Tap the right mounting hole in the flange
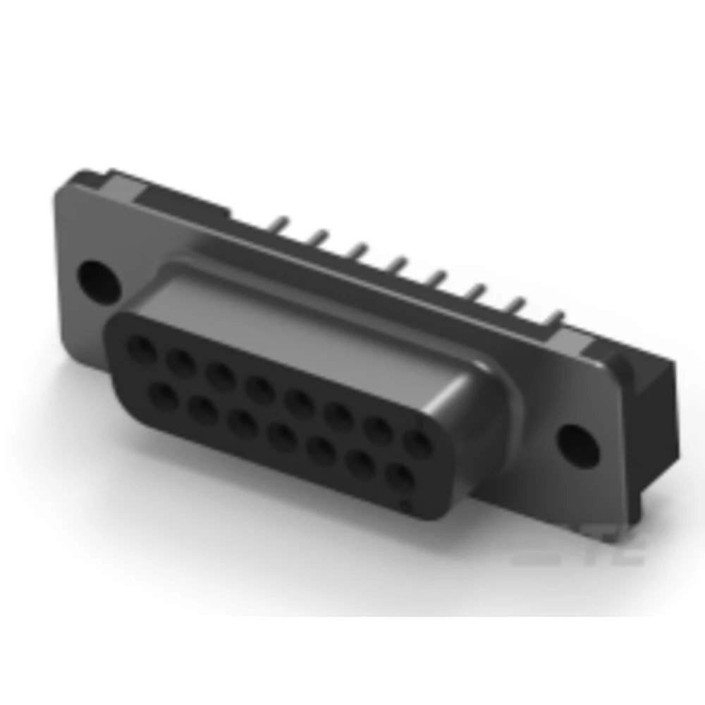click(x=577, y=441)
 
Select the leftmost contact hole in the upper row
click(x=141, y=348)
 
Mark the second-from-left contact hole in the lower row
click(x=204, y=412)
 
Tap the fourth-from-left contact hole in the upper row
click(x=260, y=388)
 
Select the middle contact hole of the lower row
click(x=283, y=439)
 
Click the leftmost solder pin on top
click(x=282, y=224)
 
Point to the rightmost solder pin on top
click(x=559, y=318)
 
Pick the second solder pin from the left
click(x=321, y=238)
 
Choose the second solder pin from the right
click(x=520, y=305)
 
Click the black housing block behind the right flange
click(x=659, y=423)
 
